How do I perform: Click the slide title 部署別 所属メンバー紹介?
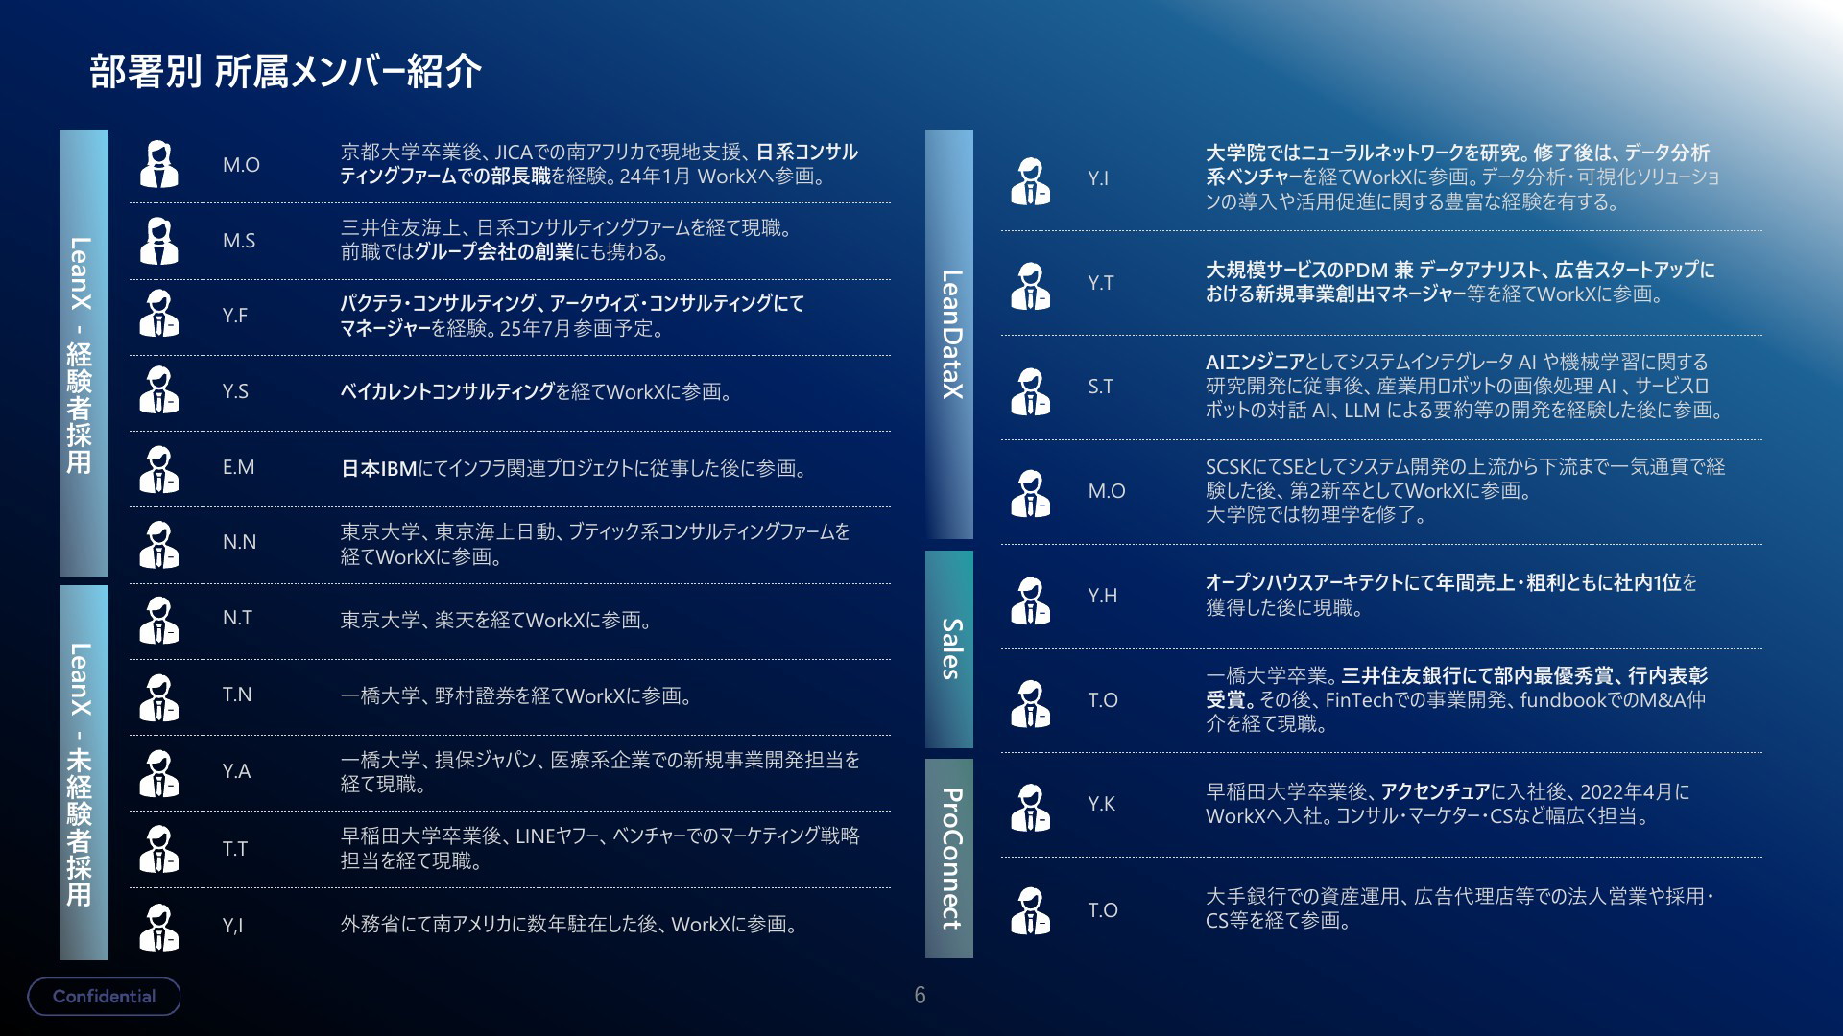click(x=285, y=72)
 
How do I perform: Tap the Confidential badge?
click(x=104, y=996)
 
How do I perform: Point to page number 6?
click(x=920, y=995)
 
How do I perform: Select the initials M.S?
click(x=239, y=241)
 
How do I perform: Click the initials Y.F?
click(x=235, y=316)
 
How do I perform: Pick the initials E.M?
click(x=238, y=467)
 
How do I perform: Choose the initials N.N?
click(x=239, y=542)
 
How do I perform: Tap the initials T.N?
click(x=237, y=695)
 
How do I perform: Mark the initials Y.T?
click(x=1101, y=283)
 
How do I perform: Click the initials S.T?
click(x=1101, y=387)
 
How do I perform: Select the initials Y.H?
click(x=1103, y=596)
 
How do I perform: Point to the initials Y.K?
click(x=1102, y=804)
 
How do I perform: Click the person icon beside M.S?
click(x=159, y=241)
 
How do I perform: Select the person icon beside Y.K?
click(x=1031, y=807)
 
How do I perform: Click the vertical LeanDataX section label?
click(x=950, y=334)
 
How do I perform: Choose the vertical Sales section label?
click(x=950, y=649)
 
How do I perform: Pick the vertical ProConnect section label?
click(x=950, y=859)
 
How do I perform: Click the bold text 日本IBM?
click(x=379, y=469)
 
